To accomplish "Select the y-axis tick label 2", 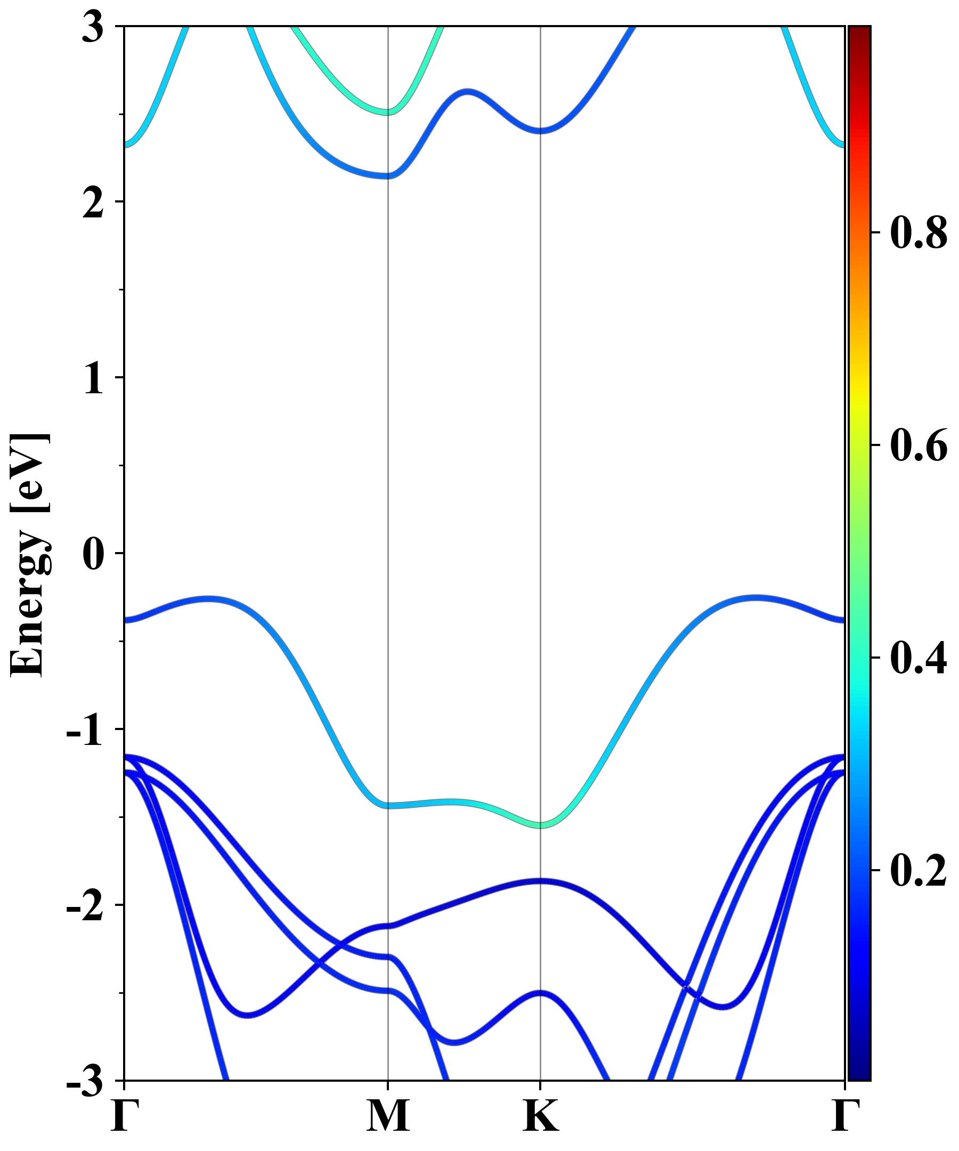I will point(93,204).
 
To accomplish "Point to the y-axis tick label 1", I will point(93,379).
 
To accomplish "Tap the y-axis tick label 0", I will point(93,554).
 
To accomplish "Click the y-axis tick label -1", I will point(85,729).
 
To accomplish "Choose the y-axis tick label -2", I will point(85,905).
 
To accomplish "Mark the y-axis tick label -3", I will point(85,1081).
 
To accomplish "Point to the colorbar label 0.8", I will point(919,232).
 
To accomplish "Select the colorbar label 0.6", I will point(919,445).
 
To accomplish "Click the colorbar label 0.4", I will point(919,658).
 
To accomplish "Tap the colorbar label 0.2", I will point(919,870).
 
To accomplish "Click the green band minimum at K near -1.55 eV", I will point(541,825).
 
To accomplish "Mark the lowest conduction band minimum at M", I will point(388,176).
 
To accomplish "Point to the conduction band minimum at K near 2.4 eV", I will point(541,131).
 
